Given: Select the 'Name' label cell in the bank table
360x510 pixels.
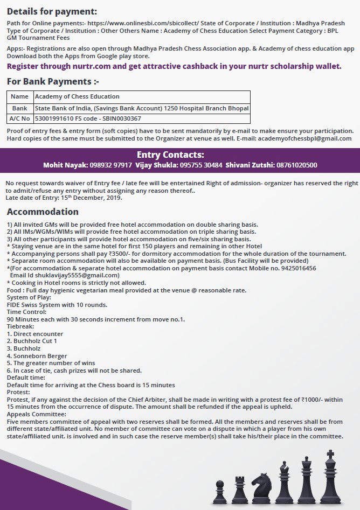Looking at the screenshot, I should pos(19,96).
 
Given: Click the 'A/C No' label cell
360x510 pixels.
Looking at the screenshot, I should pos(19,118).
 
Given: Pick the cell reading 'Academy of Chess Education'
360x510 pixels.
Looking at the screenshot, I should pos(77,96).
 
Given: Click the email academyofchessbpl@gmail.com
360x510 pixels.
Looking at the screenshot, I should pos(304,138).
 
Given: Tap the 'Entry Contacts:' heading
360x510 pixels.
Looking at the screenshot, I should pos(179,155).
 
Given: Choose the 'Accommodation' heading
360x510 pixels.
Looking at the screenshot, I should pos(43,212).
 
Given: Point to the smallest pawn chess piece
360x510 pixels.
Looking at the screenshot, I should pos(219,492).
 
